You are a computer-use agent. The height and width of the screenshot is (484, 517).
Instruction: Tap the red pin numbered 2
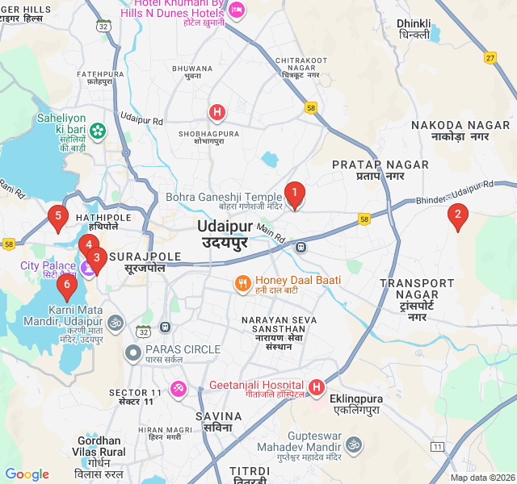pyautogui.click(x=458, y=216)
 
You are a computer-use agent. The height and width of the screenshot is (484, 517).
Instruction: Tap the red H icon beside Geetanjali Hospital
pyautogui.click(x=316, y=388)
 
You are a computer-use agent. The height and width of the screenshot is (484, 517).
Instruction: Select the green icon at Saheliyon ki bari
pyautogui.click(x=98, y=130)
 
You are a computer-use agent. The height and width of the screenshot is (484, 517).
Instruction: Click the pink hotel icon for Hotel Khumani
pyautogui.click(x=236, y=10)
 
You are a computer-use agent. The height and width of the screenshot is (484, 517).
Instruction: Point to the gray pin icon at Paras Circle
pyautogui.click(x=133, y=353)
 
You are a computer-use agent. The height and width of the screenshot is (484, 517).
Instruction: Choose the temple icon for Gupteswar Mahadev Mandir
pyautogui.click(x=354, y=444)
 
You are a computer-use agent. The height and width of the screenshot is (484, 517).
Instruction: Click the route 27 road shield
pyautogui.click(x=490, y=57)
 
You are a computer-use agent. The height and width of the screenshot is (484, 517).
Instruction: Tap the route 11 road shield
pyautogui.click(x=438, y=446)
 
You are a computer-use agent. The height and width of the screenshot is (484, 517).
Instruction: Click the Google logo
pyautogui.click(x=27, y=474)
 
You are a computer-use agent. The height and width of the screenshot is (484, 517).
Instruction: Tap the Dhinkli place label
pyautogui.click(x=414, y=29)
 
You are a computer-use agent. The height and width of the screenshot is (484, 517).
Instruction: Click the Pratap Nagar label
pyautogui.click(x=380, y=170)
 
